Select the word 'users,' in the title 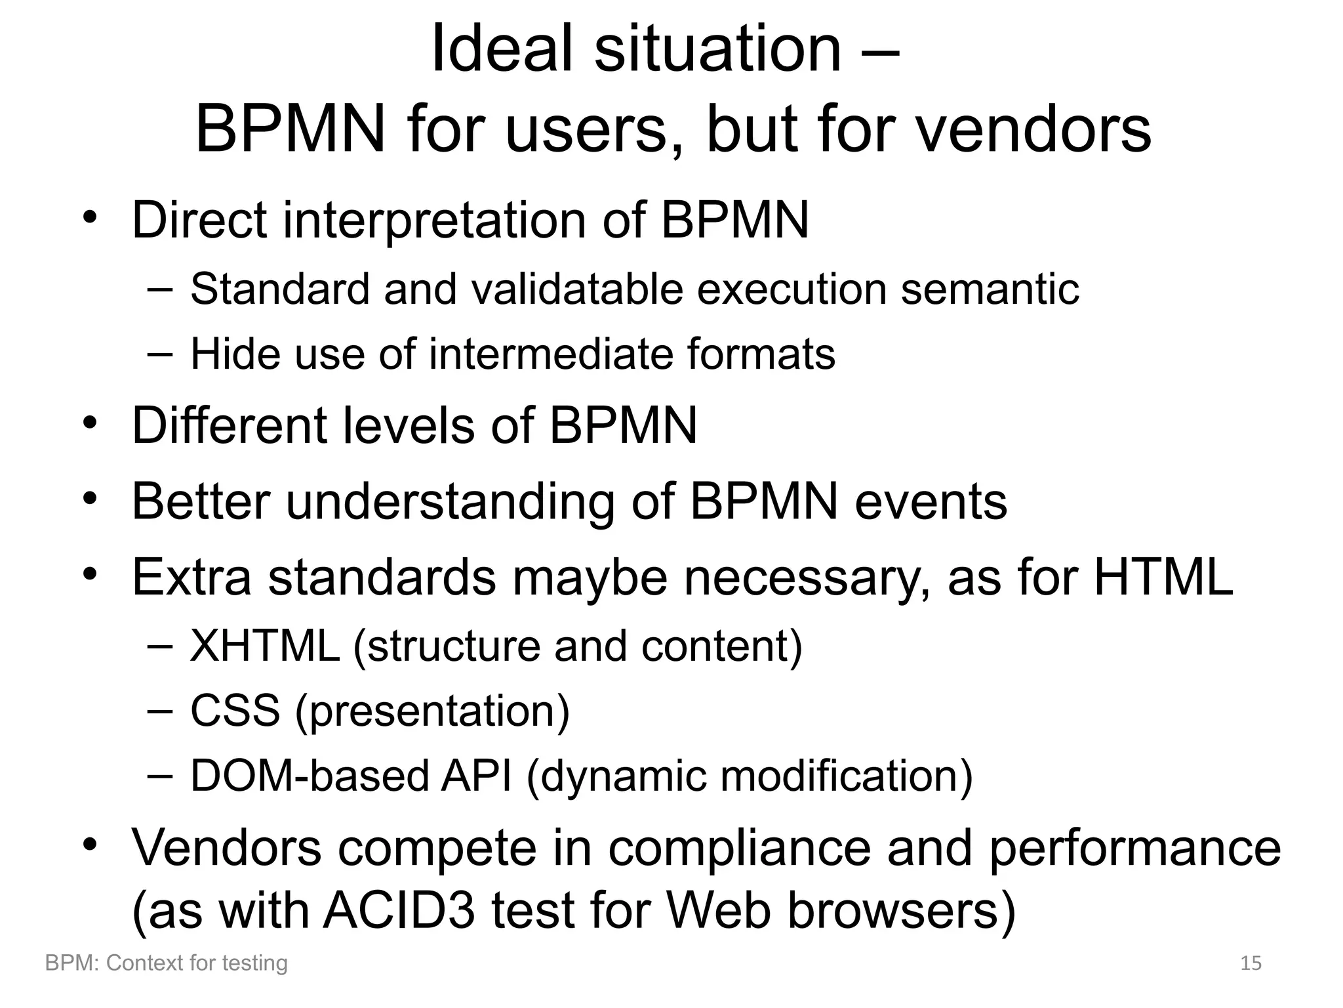tap(594, 129)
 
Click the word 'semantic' tap(990, 289)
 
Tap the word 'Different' tap(230, 426)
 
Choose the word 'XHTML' tap(265, 646)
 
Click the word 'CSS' tap(235, 711)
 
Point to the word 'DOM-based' tap(309, 776)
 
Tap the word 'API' tap(476, 776)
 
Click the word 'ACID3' tap(399, 912)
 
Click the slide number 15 tap(1251, 963)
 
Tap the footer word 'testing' tap(255, 963)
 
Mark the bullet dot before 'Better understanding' tap(90, 499)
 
